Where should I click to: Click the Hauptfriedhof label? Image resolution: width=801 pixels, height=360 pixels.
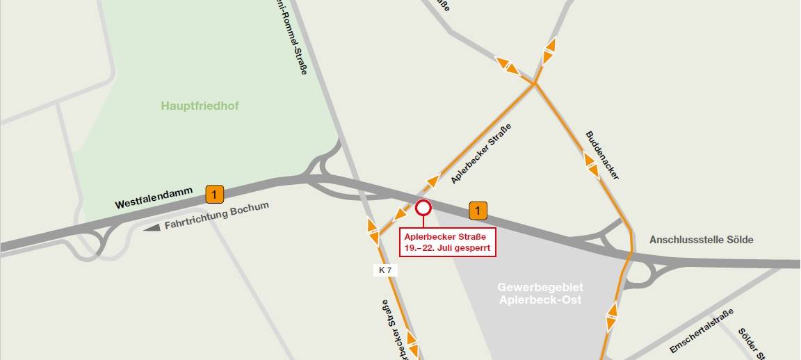coord(200,106)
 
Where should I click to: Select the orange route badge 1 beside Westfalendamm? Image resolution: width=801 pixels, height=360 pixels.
coord(215,194)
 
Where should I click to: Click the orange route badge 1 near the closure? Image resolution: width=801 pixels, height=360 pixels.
coord(478,209)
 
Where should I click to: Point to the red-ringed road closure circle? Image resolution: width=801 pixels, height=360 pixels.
coord(423,207)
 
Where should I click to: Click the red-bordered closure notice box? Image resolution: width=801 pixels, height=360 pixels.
coord(448,242)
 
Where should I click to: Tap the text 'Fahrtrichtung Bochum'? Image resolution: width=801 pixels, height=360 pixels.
coord(216,217)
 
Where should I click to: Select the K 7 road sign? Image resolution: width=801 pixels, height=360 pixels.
coord(385,270)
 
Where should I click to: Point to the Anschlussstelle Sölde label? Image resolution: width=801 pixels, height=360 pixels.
coord(701,240)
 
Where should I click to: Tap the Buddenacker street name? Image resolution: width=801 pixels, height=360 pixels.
coord(602,155)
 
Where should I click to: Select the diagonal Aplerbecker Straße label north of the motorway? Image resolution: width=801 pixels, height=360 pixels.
coord(481,154)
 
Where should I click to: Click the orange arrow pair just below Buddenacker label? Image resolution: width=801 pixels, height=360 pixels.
coord(592,166)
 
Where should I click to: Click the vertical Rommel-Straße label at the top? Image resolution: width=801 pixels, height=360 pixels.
coord(291,38)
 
